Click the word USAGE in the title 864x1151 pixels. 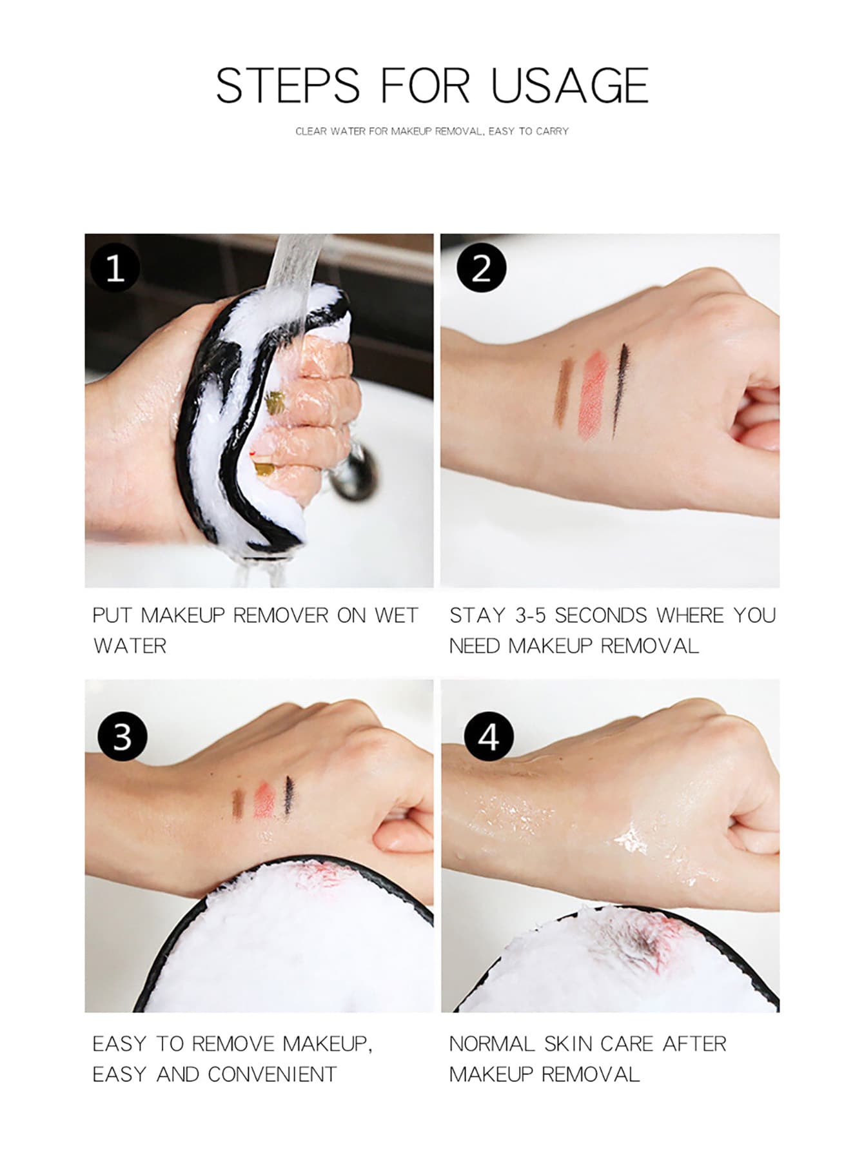pyautogui.click(x=569, y=85)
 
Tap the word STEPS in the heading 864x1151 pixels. pyautogui.click(x=288, y=85)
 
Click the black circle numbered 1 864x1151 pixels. pyautogui.click(x=115, y=268)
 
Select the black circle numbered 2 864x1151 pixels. pyautogui.click(x=481, y=268)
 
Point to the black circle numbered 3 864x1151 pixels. pyautogui.click(x=123, y=736)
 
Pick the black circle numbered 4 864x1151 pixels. pyautogui.click(x=489, y=736)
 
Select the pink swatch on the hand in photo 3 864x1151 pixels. pyautogui.click(x=264, y=800)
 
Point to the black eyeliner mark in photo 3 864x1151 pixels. pyautogui.click(x=288, y=796)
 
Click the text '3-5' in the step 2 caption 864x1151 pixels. pyautogui.click(x=530, y=616)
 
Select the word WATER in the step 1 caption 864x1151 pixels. pyautogui.click(x=130, y=646)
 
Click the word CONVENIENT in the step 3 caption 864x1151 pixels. pyautogui.click(x=272, y=1074)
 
